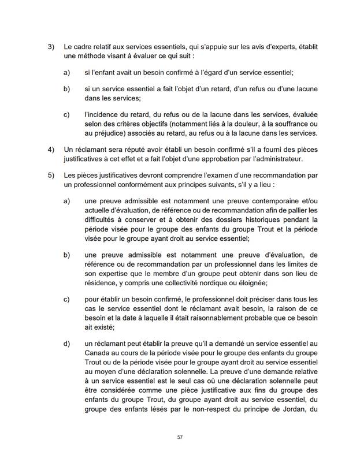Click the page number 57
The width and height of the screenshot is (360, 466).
(180, 437)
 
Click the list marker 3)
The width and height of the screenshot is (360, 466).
(51, 46)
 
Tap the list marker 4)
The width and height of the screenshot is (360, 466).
(51, 149)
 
